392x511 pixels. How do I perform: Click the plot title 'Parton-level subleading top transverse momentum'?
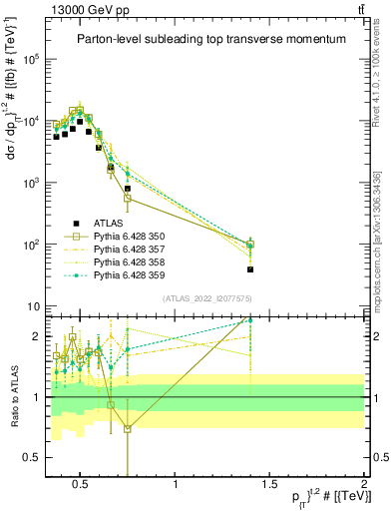(x=211, y=39)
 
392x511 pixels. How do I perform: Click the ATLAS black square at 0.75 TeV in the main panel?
(x=128, y=189)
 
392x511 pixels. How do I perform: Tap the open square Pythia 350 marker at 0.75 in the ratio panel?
(x=128, y=429)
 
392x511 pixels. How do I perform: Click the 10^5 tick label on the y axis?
(x=30, y=60)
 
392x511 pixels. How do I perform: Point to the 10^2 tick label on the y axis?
(x=30, y=245)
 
